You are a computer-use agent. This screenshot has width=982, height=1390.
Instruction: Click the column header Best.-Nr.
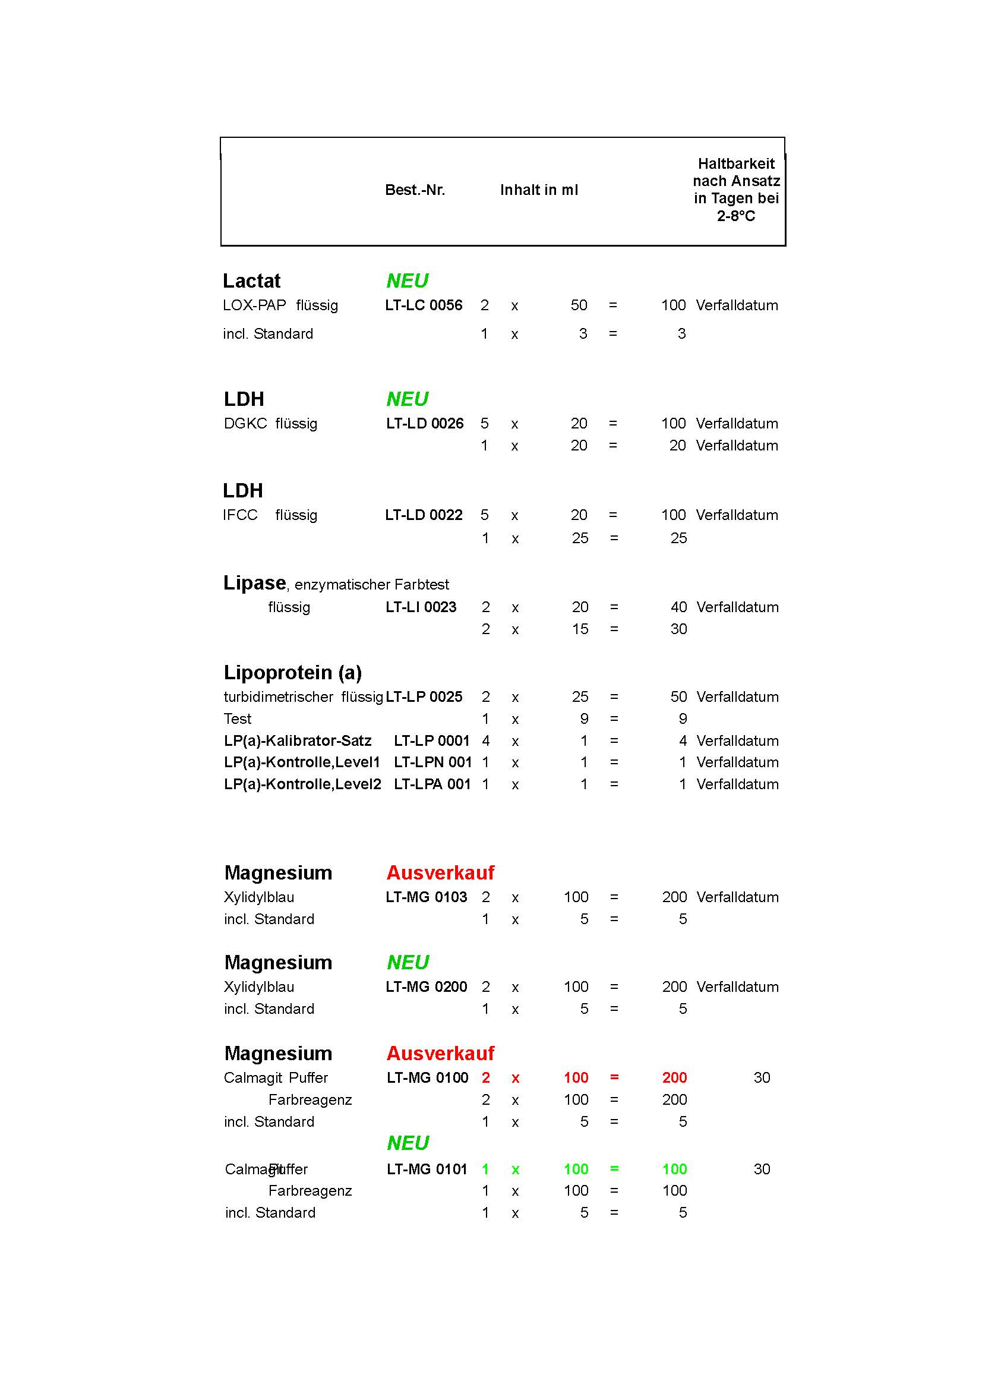tap(415, 190)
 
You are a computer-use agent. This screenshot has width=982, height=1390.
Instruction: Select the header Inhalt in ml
tap(538, 190)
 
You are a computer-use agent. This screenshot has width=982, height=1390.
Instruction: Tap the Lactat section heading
tap(251, 281)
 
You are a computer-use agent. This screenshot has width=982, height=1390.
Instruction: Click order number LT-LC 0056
tap(424, 305)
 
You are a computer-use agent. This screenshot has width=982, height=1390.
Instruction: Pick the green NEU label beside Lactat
tap(407, 281)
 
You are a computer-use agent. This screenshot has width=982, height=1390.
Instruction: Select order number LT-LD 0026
tap(424, 423)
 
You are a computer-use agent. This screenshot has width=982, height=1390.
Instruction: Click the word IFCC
tap(240, 515)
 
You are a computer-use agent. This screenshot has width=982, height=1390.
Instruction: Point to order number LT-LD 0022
tap(424, 515)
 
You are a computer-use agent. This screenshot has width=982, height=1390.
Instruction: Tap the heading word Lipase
tap(254, 582)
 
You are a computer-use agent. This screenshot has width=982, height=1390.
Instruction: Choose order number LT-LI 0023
tap(421, 607)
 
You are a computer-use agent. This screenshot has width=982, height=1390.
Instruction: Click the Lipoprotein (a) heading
tap(292, 673)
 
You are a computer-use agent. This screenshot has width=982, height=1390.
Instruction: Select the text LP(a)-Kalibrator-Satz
tap(297, 740)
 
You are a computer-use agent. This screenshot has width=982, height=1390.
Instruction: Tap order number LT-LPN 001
tap(432, 762)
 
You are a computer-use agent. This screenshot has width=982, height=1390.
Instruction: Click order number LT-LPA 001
tap(432, 784)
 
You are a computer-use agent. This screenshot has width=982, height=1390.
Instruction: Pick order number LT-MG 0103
tap(426, 897)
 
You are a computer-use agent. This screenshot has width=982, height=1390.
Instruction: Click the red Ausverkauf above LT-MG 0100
tap(440, 1054)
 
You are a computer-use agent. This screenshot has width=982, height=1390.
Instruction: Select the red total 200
tap(674, 1077)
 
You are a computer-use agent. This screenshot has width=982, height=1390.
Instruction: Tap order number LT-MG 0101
tap(427, 1169)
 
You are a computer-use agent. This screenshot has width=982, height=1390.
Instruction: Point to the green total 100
tap(674, 1169)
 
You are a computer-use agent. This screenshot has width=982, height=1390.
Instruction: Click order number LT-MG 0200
tap(426, 986)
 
